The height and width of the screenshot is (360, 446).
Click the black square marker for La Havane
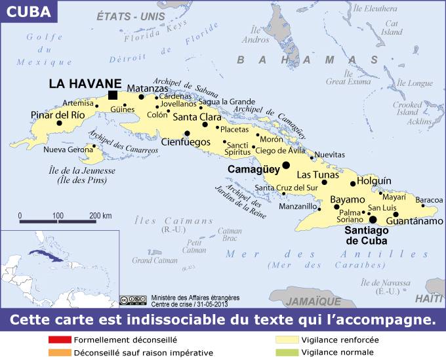click(113, 95)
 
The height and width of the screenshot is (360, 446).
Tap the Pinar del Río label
click(58, 115)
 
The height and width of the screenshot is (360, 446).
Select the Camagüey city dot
click(286, 165)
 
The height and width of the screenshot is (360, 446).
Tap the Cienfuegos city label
click(186, 142)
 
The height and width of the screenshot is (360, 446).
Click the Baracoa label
click(430, 199)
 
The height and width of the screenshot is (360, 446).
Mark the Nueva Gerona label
click(68, 150)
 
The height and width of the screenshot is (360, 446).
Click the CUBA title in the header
click(28, 10)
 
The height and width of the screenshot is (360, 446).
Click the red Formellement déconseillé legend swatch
click(59, 340)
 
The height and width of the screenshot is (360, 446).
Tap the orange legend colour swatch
click(59, 353)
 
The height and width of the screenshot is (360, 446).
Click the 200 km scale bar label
click(100, 215)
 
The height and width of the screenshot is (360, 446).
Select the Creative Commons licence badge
click(134, 300)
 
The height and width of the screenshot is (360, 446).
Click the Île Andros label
click(255, 37)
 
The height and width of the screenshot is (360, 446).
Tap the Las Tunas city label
click(317, 175)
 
